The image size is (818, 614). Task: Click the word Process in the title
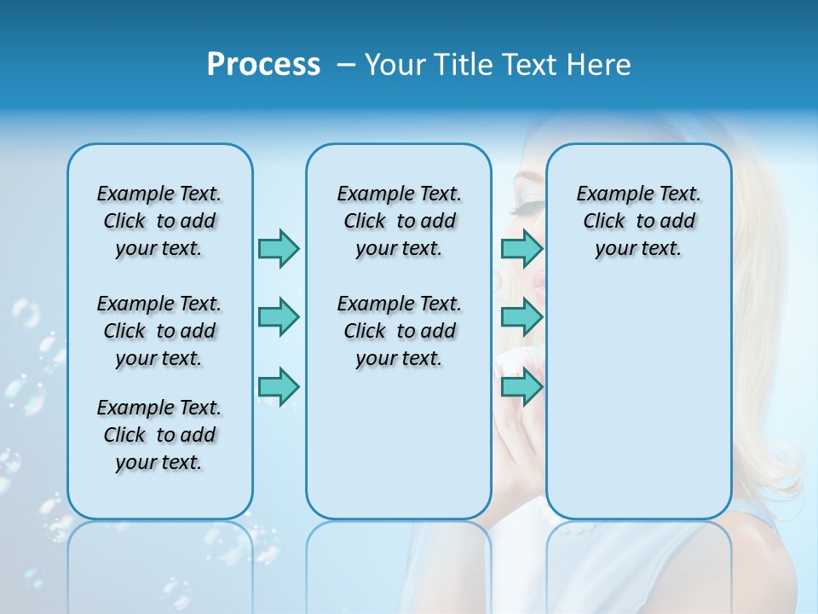click(263, 65)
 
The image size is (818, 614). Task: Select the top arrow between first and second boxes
click(279, 248)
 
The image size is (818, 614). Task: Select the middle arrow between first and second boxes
click(279, 317)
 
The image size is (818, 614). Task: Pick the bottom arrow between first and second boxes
click(279, 386)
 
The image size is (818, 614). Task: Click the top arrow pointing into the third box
click(521, 248)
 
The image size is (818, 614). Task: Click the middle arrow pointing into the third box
click(521, 317)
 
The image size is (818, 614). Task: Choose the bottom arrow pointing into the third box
click(521, 386)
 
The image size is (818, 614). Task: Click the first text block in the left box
click(159, 221)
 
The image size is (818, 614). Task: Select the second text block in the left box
click(159, 331)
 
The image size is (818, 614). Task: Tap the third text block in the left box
click(159, 435)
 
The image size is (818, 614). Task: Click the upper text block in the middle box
click(399, 221)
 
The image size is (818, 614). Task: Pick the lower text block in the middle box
click(399, 331)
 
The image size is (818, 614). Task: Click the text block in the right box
click(638, 221)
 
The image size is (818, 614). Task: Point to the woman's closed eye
click(528, 205)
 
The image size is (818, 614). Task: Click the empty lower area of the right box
click(638, 401)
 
